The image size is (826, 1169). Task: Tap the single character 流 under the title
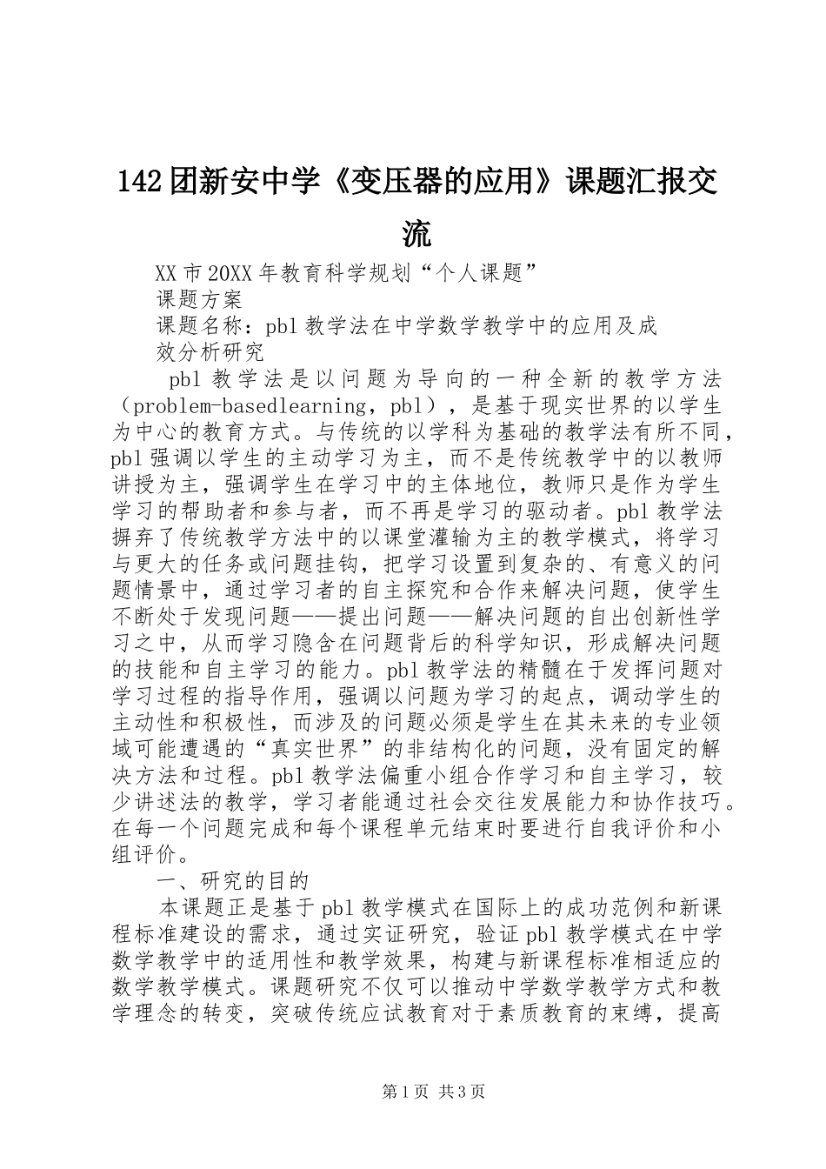click(416, 234)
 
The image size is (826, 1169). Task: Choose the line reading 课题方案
click(198, 300)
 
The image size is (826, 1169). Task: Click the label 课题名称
click(198, 326)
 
